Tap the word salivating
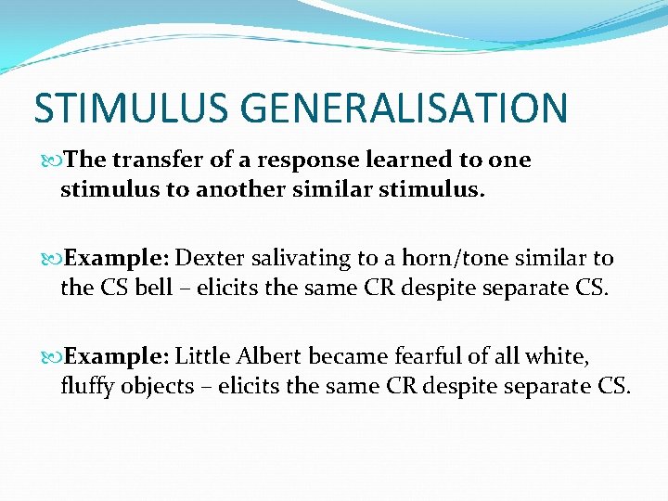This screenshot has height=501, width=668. [302, 257]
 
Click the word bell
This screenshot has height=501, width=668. [152, 288]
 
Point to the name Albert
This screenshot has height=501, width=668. [269, 355]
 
